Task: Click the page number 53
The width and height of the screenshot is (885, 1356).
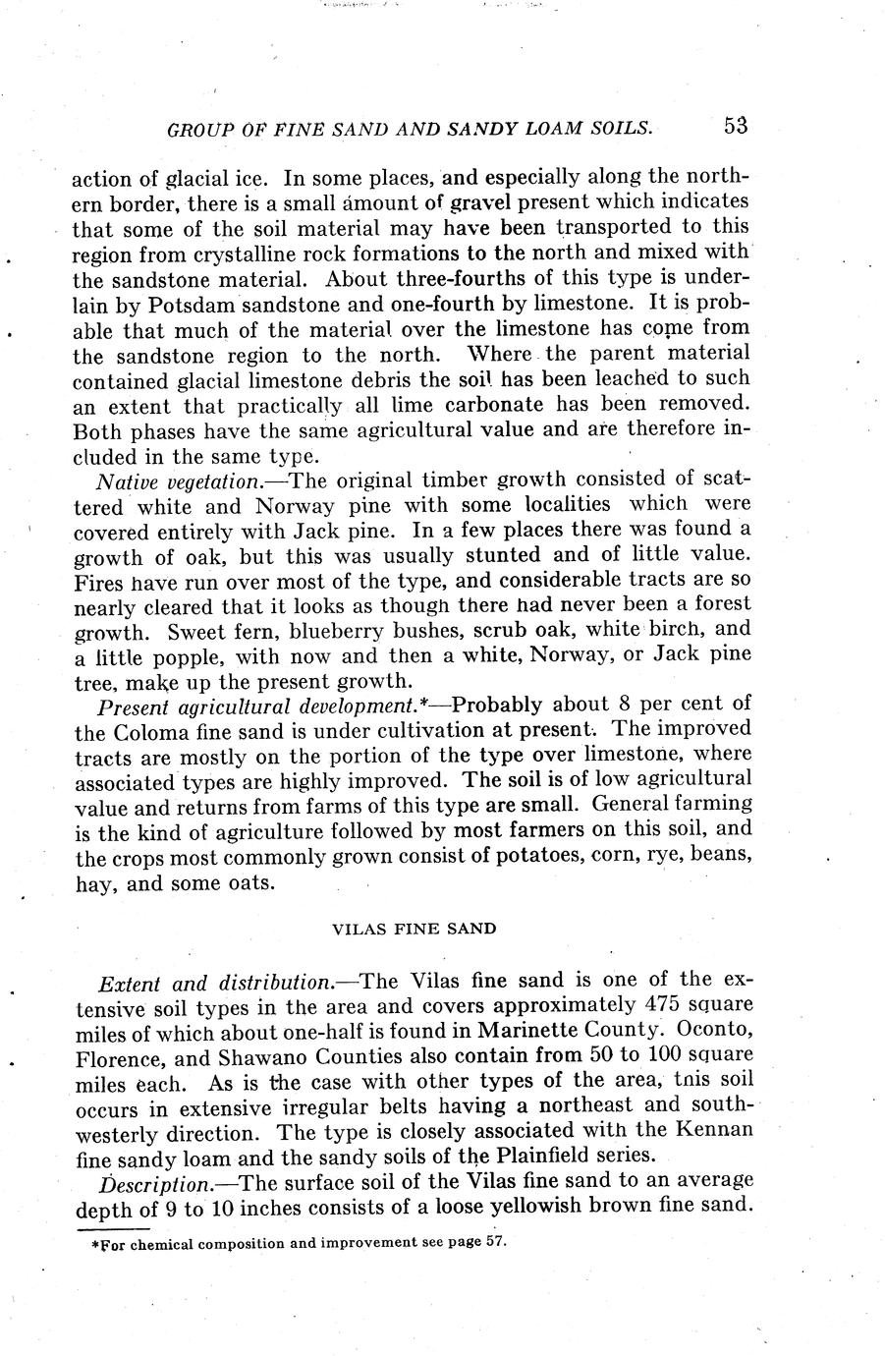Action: click(736, 126)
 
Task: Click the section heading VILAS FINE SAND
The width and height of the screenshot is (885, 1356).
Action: click(414, 928)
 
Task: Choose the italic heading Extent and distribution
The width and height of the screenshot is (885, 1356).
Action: click(215, 982)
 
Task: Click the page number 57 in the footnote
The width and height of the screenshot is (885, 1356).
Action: click(495, 1241)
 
